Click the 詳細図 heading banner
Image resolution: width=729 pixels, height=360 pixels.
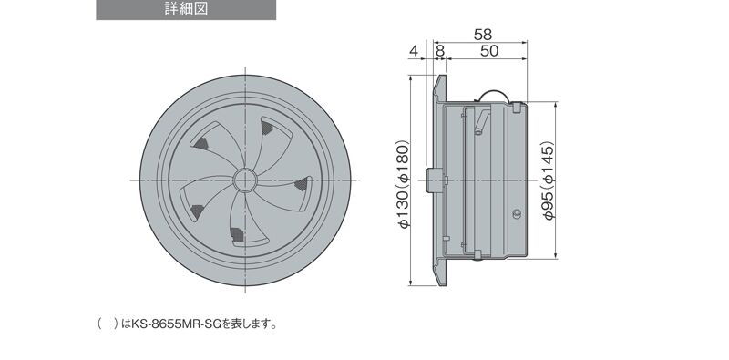(x=186, y=10)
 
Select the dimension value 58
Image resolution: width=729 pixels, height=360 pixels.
(x=483, y=35)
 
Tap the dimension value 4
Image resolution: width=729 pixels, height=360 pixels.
(x=414, y=51)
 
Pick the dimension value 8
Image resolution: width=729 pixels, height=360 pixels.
(x=439, y=51)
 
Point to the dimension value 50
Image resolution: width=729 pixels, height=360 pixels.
(x=489, y=51)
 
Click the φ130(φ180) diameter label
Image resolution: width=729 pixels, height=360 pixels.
(x=404, y=184)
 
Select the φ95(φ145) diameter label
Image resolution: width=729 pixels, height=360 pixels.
(x=549, y=180)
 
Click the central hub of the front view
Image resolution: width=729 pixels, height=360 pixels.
(x=244, y=180)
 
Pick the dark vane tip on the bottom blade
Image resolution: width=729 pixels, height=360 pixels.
(x=237, y=235)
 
